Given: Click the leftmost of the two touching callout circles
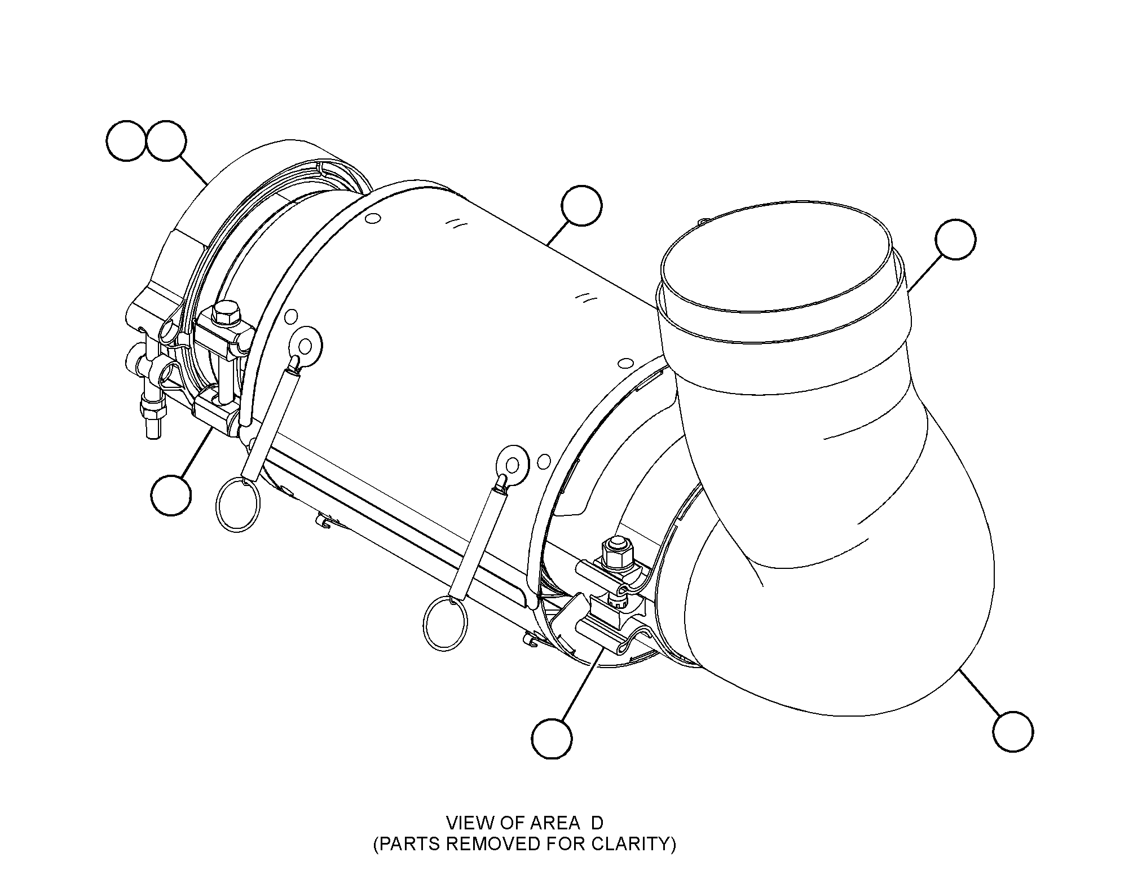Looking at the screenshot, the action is click(x=126, y=140).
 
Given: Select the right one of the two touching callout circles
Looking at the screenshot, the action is click(x=166, y=140).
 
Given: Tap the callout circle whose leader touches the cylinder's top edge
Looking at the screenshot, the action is click(x=581, y=207).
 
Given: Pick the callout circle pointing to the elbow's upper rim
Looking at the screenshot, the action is click(x=955, y=240).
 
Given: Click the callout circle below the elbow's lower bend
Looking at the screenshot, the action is click(x=1013, y=731).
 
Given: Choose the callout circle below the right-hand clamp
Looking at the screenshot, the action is click(x=552, y=737).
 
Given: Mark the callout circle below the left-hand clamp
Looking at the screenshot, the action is click(x=171, y=494).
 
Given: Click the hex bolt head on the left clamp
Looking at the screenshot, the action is click(x=226, y=313).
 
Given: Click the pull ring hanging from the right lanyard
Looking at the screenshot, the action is click(x=446, y=624).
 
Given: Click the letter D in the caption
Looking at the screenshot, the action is click(x=597, y=823).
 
